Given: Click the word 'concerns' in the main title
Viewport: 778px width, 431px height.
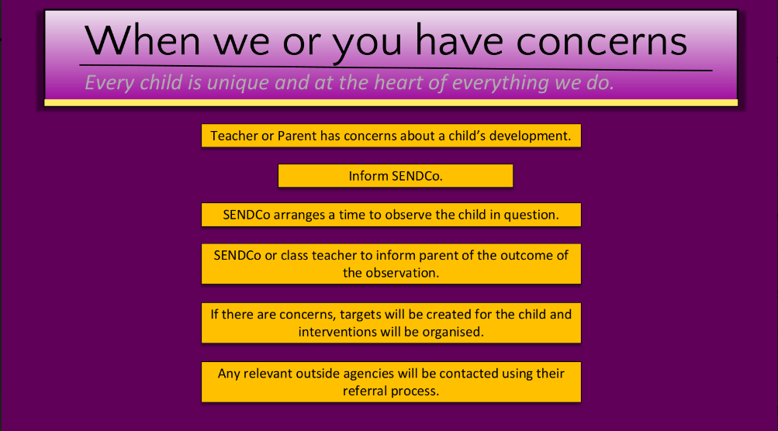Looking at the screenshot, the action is (x=602, y=42).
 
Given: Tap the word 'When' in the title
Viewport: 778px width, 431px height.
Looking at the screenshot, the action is (x=143, y=40).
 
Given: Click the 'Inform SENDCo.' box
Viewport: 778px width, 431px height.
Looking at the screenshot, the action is (x=396, y=175).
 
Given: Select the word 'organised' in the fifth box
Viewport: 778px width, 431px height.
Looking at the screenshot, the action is (x=453, y=333).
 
